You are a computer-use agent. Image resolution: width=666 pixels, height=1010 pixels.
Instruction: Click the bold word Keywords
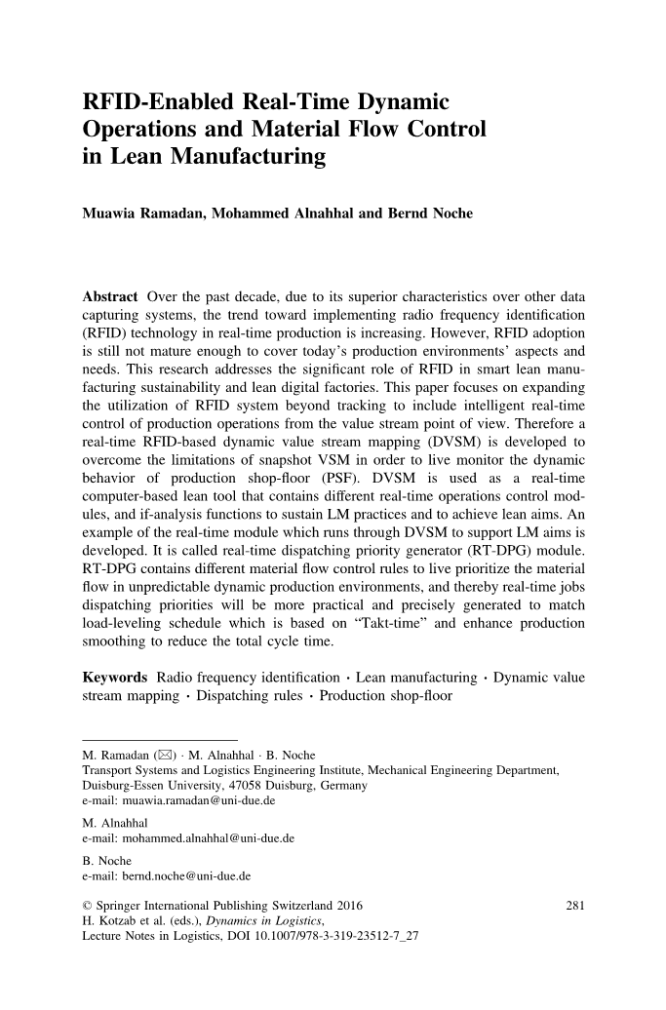(x=114, y=676)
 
